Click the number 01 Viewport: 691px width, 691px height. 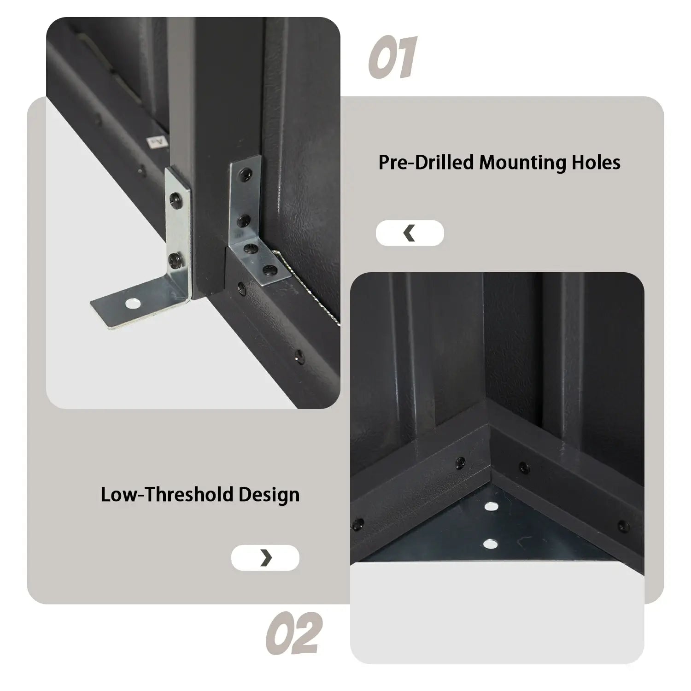click(393, 57)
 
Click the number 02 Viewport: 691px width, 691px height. click(293, 632)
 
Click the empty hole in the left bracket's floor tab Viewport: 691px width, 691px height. click(133, 304)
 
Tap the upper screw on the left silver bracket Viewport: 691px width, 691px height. click(175, 199)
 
